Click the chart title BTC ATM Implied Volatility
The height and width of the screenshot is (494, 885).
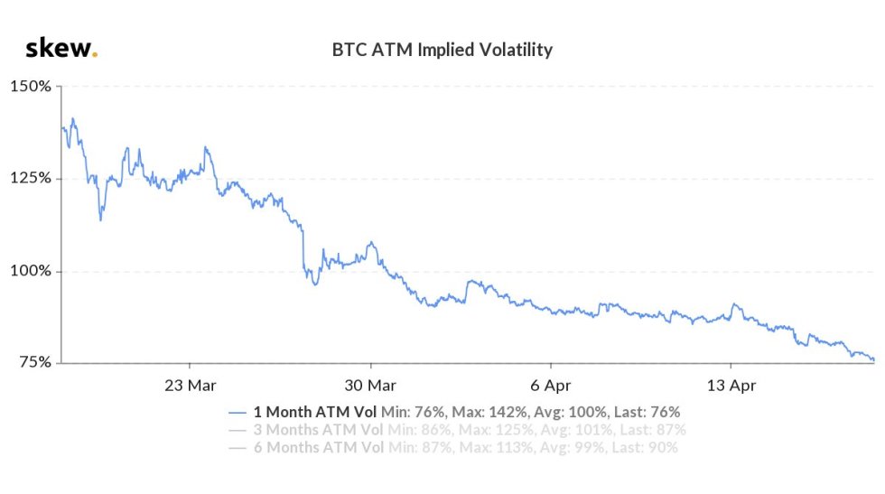point(442,50)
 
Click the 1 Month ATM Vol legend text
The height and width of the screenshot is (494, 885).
point(315,411)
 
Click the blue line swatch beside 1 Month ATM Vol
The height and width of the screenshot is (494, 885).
point(238,412)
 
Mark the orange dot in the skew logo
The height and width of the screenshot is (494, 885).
point(95,56)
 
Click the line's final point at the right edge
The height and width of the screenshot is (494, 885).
point(874,360)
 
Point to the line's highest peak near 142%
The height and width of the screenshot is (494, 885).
point(72,118)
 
